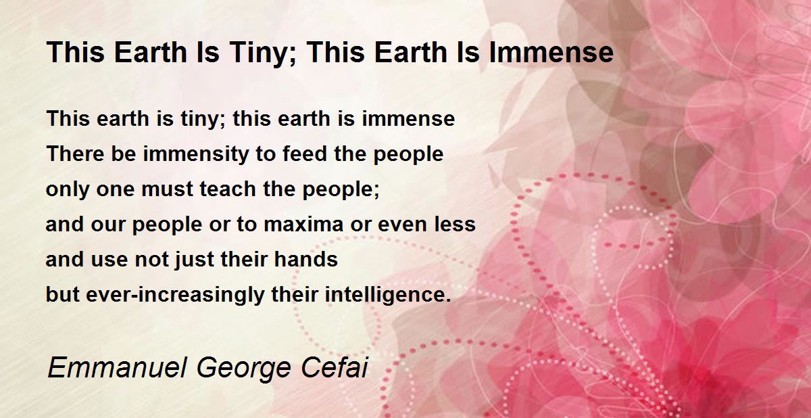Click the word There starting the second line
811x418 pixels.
click(75, 154)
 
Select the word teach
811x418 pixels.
click(228, 189)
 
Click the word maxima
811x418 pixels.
click(303, 225)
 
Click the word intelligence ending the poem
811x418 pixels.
click(388, 295)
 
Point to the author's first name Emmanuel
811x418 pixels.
click(118, 368)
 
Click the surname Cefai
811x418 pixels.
click(334, 368)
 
